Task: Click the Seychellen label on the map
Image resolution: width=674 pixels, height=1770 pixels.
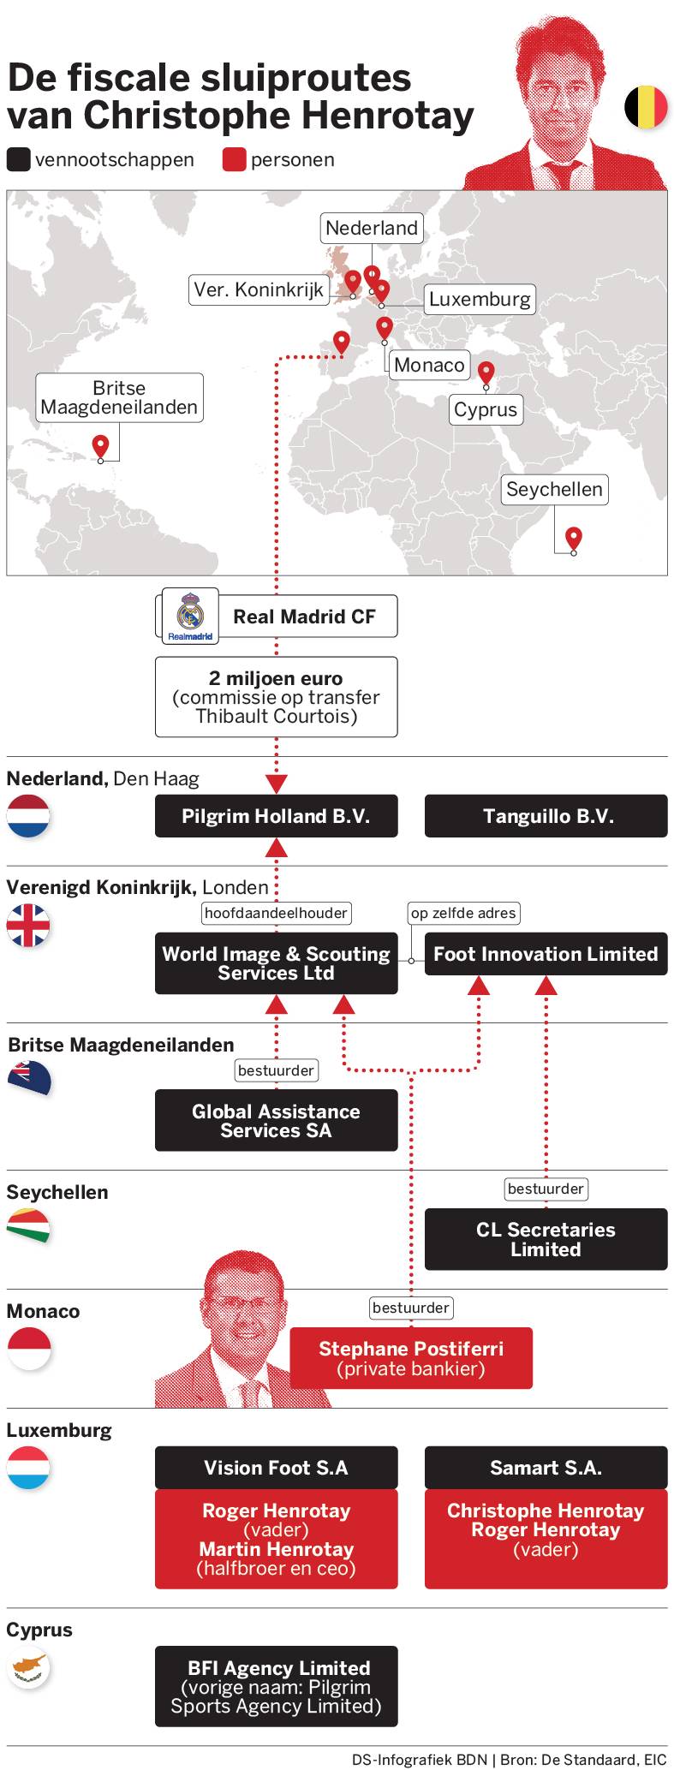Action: click(554, 489)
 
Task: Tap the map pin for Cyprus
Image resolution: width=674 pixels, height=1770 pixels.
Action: click(486, 372)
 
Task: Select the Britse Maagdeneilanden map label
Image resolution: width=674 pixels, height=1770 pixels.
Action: click(119, 397)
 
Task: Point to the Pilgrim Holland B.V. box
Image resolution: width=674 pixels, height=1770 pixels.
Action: click(276, 816)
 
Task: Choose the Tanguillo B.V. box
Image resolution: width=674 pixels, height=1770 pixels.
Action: click(546, 816)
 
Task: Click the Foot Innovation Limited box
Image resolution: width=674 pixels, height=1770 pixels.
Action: click(546, 954)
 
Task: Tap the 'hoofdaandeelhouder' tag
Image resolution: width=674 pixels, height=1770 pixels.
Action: click(276, 913)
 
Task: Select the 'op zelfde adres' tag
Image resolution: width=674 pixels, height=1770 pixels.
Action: click(463, 913)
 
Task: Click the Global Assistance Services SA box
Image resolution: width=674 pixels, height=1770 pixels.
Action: click(276, 1120)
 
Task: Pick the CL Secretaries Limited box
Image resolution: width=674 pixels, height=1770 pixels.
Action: click(546, 1239)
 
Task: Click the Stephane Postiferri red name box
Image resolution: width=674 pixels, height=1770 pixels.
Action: click(411, 1358)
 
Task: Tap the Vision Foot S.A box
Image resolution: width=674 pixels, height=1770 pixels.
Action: click(276, 1468)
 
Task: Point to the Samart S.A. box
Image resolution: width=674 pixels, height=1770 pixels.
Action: click(546, 1468)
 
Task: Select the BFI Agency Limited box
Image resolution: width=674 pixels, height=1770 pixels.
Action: click(276, 1686)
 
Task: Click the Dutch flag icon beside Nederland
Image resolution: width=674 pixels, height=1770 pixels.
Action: click(29, 815)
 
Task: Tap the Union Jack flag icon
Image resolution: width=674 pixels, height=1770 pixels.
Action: click(29, 925)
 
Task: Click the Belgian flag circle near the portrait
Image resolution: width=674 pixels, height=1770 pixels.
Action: click(646, 107)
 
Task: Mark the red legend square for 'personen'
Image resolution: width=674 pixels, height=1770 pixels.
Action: click(234, 160)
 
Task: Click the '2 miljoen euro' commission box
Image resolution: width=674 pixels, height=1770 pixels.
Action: click(276, 697)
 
